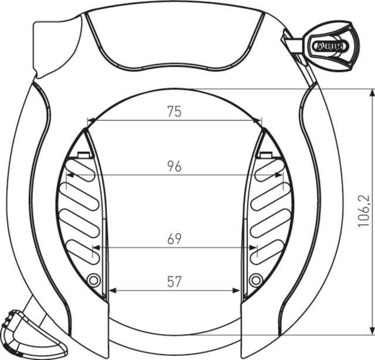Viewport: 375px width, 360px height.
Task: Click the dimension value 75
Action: [x=174, y=112]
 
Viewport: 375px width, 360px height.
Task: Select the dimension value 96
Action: [x=174, y=166]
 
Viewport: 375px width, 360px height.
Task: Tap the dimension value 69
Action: [x=174, y=239]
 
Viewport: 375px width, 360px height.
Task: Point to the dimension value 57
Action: [x=174, y=282]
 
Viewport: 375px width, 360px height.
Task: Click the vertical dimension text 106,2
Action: [x=364, y=210]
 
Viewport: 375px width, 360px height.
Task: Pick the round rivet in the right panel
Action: [x=255, y=280]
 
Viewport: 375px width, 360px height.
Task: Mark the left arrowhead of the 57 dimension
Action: [x=111, y=290]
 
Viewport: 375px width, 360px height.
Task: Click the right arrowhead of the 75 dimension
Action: [x=258, y=122]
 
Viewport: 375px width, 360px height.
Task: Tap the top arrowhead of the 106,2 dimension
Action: [x=371, y=93]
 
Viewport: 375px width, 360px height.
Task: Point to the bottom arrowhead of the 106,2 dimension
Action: [x=371, y=331]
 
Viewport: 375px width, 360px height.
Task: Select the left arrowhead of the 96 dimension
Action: [x=70, y=174]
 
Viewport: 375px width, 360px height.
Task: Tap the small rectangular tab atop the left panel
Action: [x=84, y=155]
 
